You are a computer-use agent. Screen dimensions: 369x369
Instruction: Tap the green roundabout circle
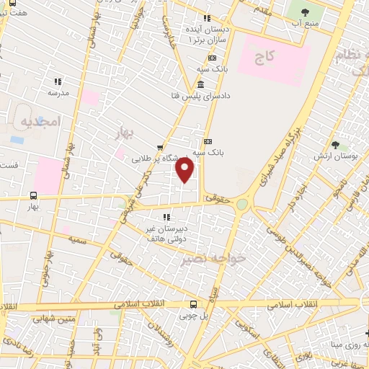pyautogui.click(x=241, y=205)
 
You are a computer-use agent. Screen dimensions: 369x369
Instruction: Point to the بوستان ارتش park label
pyautogui.click(x=332, y=156)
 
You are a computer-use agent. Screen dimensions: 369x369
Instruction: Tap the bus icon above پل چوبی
pyautogui.click(x=192, y=304)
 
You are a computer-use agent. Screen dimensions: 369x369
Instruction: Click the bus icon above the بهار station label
pyautogui.click(x=33, y=195)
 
